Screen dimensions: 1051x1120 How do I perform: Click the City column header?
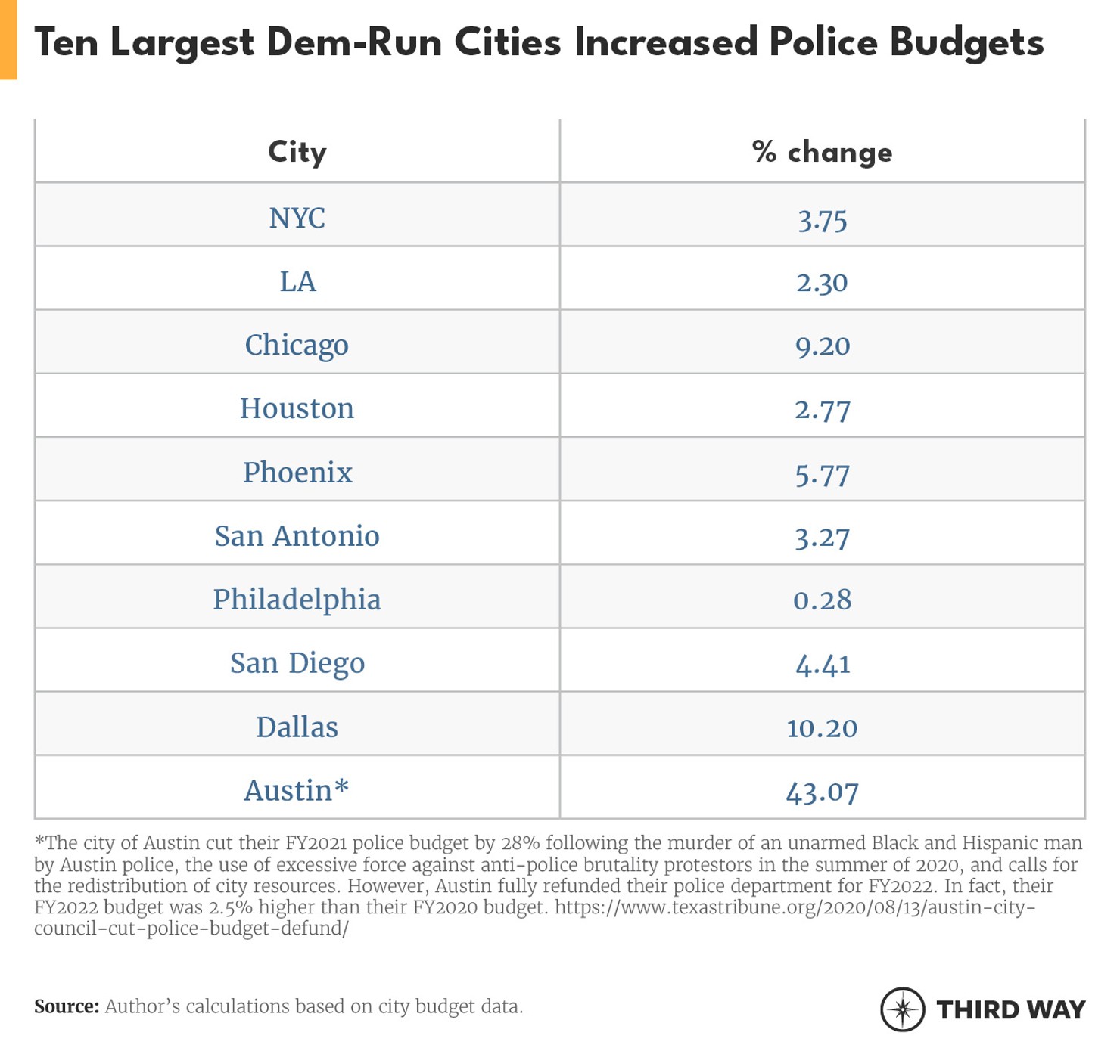tap(297, 152)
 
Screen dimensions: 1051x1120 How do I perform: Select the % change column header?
tap(822, 152)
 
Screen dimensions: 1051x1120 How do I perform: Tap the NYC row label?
tap(297, 218)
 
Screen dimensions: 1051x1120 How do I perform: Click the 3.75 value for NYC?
tap(822, 220)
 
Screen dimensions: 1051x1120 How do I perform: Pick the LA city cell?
tap(297, 281)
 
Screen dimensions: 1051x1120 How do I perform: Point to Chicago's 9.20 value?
tap(822, 346)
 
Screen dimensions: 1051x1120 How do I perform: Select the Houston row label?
tap(297, 408)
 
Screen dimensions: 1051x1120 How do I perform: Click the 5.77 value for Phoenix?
tap(822, 474)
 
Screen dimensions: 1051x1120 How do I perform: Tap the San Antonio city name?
tap(297, 535)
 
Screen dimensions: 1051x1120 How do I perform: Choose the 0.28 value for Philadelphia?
tap(822, 600)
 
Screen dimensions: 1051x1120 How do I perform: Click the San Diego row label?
tap(297, 663)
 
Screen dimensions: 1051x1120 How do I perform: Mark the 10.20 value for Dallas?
tap(822, 727)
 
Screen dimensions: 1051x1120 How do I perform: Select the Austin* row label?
tap(297, 790)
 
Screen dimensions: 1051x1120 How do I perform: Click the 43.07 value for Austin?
tap(822, 792)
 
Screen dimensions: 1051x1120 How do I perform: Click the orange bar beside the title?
tap(8, 39)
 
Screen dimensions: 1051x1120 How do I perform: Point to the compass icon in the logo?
tap(902, 1009)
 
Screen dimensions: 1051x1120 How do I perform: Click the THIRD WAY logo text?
tap(1010, 1009)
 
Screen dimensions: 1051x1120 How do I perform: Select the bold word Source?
tap(67, 1006)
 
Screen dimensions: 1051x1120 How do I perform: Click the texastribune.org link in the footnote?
tap(795, 907)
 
